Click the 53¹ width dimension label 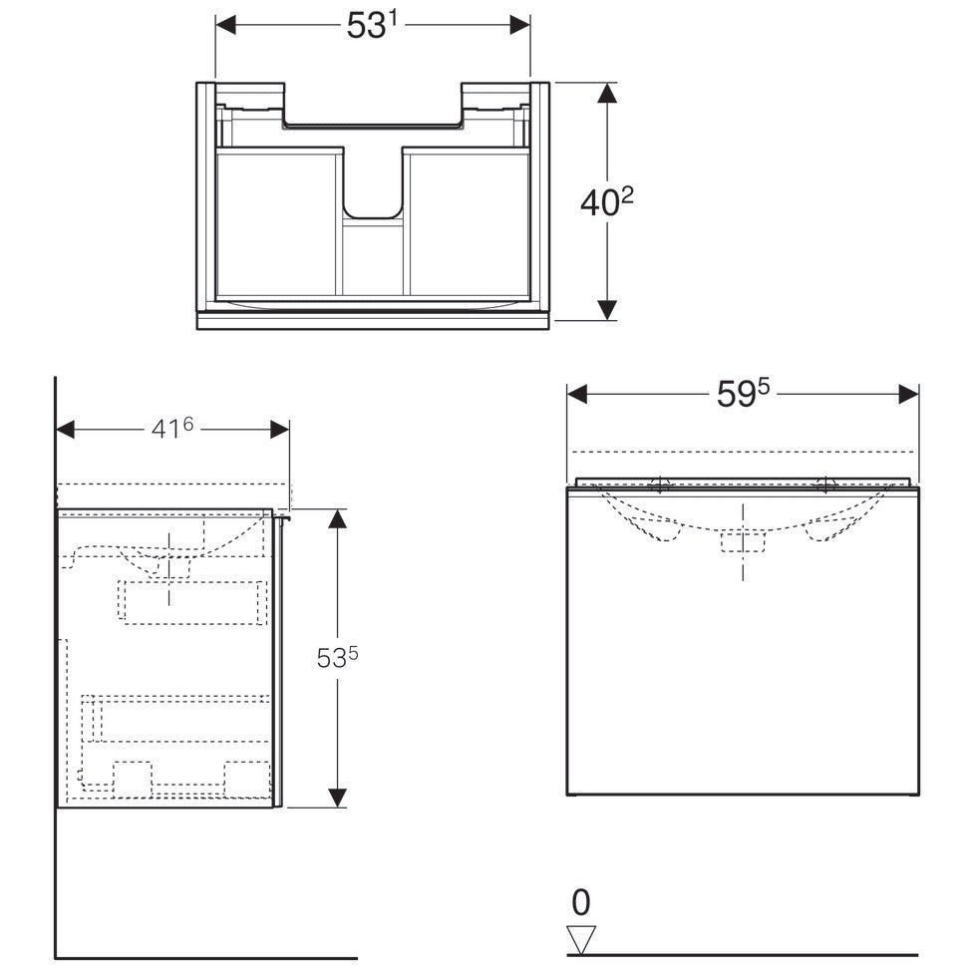tap(371, 26)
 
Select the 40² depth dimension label tap(607, 201)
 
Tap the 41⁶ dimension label tap(172, 428)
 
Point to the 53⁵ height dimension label tap(337, 658)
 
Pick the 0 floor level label tap(581, 902)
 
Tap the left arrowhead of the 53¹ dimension tap(225, 25)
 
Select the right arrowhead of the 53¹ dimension tap(519, 25)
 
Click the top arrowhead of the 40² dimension tap(607, 93)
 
